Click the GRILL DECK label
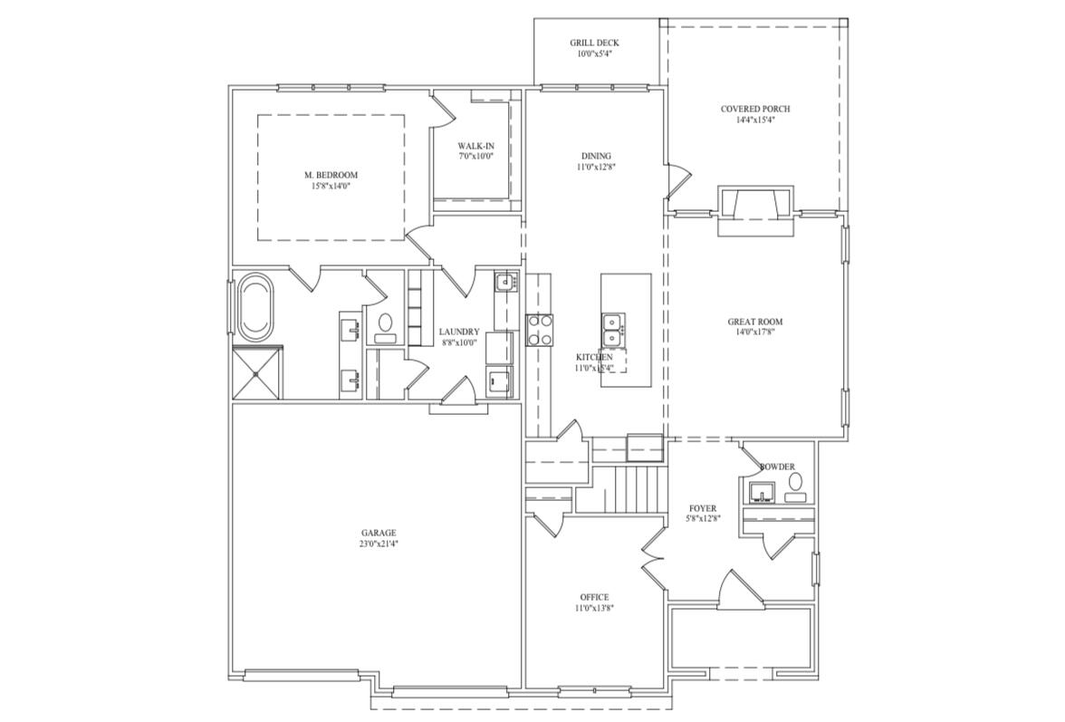(x=594, y=43)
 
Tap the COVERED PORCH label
(x=754, y=109)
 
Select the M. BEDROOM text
(x=331, y=175)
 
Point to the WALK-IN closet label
(x=475, y=146)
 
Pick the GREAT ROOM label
(x=754, y=322)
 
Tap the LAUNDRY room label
(x=459, y=332)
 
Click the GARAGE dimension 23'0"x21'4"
(x=378, y=544)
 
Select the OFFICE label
(x=594, y=597)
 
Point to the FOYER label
(x=703, y=508)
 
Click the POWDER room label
(x=777, y=467)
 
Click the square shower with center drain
(x=257, y=372)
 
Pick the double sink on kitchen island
(x=613, y=329)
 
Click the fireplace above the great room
(x=754, y=210)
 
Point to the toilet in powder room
(x=795, y=494)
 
